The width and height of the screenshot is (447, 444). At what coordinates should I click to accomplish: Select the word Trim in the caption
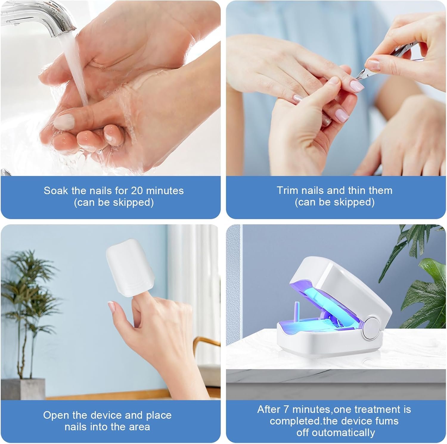coord(287,190)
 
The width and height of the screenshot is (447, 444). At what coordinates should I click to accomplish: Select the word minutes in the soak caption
coord(165,190)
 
